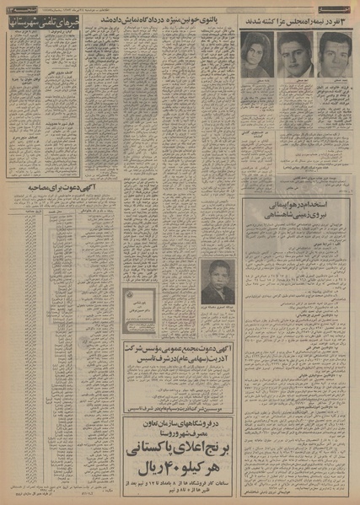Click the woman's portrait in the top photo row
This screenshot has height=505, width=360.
(257, 54)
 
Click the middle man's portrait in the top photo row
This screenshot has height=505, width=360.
(296, 54)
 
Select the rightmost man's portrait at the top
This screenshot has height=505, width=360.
(335, 54)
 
